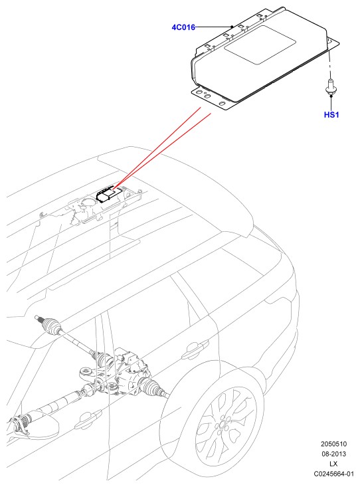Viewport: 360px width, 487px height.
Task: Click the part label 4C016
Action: pyautogui.click(x=183, y=27)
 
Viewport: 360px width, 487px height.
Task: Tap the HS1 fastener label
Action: pyautogui.click(x=331, y=114)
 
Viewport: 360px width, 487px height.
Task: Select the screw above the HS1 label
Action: pyautogui.click(x=331, y=87)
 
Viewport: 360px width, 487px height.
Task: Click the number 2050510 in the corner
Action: pyautogui.click(x=334, y=444)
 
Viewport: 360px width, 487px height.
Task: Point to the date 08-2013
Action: pyautogui.click(x=334, y=454)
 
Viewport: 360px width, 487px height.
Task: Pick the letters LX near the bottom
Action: pyautogui.click(x=333, y=464)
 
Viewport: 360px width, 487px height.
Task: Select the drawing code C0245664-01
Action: pyautogui.click(x=334, y=474)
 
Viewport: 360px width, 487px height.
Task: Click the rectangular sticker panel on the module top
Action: pyautogui.click(x=259, y=45)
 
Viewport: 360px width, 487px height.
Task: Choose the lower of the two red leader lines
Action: pyautogui.click(x=163, y=151)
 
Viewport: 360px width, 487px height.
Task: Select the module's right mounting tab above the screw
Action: pyautogui.click(x=333, y=43)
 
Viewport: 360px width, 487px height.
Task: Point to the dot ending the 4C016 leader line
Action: pyautogui.click(x=232, y=27)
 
